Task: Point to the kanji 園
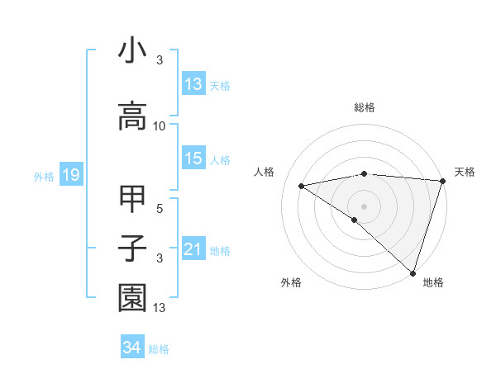click(132, 299)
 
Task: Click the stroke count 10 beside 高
click(160, 126)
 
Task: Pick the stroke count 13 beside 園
click(160, 309)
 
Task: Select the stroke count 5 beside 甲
click(160, 208)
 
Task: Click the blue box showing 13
click(193, 83)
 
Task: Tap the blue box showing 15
click(193, 159)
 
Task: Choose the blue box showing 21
click(193, 249)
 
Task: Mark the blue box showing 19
click(70, 175)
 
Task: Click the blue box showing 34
click(131, 348)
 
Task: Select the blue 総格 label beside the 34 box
click(159, 349)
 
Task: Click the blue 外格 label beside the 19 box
click(44, 176)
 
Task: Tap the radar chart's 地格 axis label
click(433, 282)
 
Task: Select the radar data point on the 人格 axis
click(302, 186)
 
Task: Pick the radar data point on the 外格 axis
click(355, 220)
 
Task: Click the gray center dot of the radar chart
click(364, 206)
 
